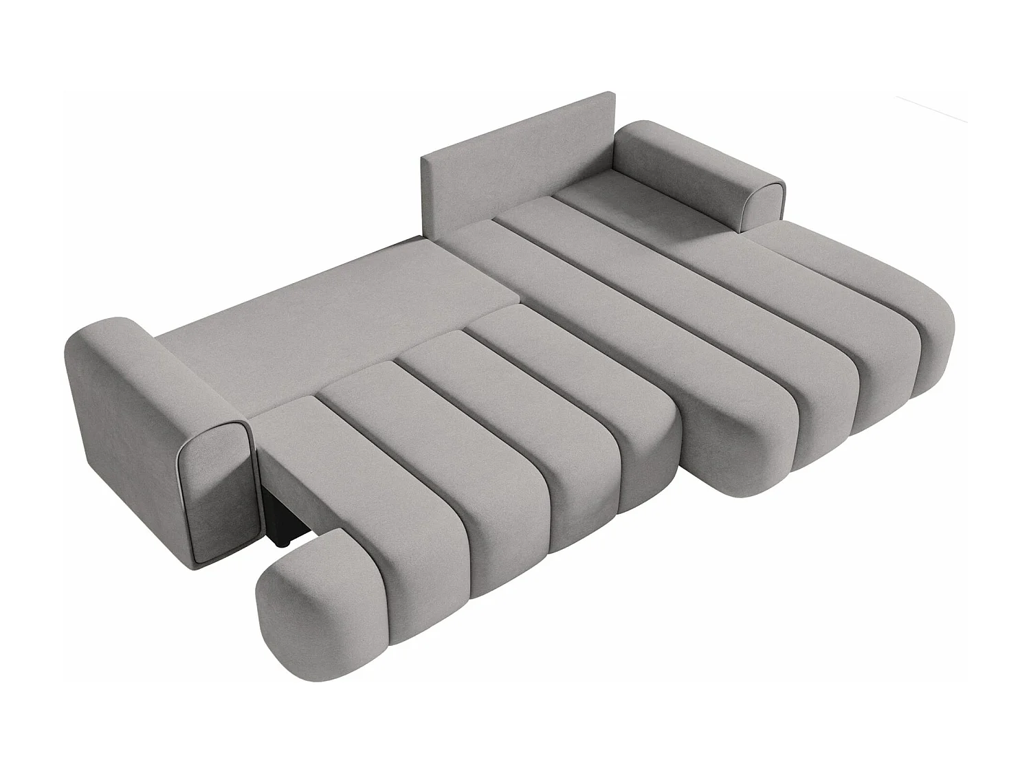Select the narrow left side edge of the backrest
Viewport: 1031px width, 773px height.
point(425,199)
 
